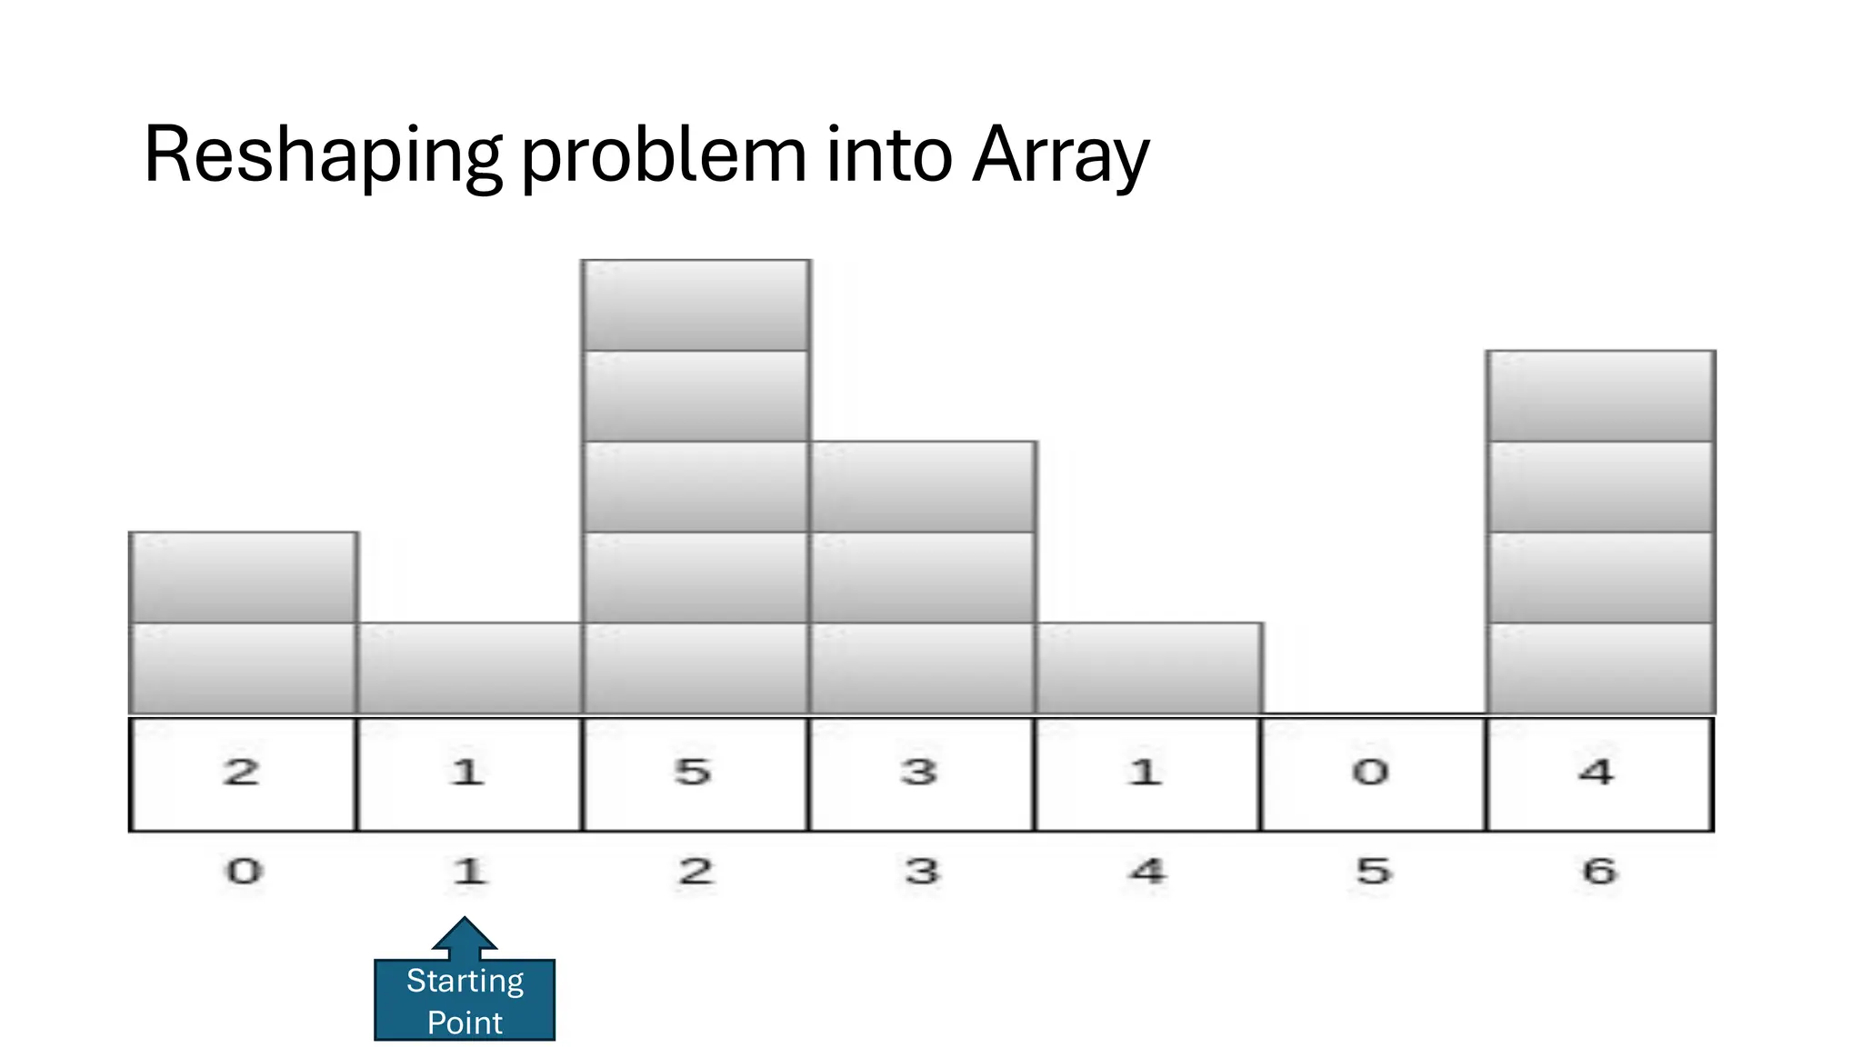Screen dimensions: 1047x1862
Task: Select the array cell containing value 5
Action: coord(694,773)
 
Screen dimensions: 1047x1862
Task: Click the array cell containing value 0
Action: coord(1372,773)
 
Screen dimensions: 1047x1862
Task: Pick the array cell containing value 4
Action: coord(1597,773)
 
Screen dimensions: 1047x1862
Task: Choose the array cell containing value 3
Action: coord(920,773)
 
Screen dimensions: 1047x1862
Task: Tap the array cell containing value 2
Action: coord(242,773)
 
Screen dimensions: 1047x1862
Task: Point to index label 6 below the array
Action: coord(1599,872)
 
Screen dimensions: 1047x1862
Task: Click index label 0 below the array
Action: coord(244,872)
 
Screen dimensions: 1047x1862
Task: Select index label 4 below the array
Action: coord(1147,872)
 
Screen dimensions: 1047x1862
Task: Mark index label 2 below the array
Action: coord(696,872)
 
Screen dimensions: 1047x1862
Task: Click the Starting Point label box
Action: coord(465,1001)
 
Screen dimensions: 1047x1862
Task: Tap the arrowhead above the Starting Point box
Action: coord(465,933)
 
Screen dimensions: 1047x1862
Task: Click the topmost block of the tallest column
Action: coord(696,305)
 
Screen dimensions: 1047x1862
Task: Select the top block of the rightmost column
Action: coord(1600,396)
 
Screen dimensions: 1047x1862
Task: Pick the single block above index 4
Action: coord(1148,668)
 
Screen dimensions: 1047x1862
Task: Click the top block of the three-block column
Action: coord(923,487)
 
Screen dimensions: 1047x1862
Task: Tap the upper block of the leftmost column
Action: coord(244,577)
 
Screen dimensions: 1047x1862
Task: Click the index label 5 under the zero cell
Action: coord(1374,872)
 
